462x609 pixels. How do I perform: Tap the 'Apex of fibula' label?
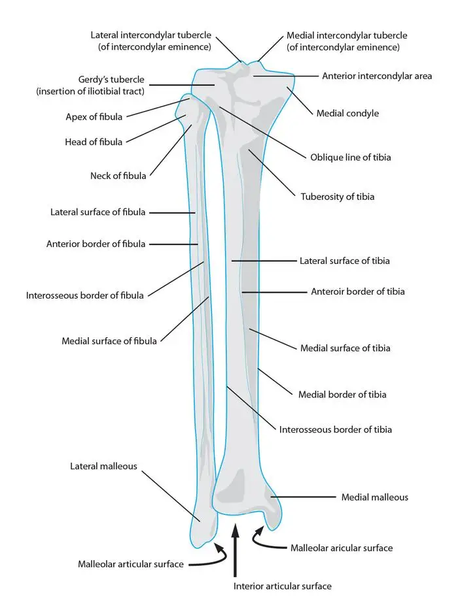point(94,117)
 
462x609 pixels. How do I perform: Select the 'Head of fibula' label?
point(94,141)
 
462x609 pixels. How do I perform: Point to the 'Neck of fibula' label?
point(118,175)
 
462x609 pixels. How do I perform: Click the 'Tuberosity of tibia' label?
point(337,196)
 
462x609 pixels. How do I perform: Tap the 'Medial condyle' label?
point(347,113)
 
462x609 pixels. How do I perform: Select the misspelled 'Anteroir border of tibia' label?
point(357,291)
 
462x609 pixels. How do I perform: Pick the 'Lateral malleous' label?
point(103,466)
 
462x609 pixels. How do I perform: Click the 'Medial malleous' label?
point(374,497)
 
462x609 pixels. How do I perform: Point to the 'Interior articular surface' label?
point(282,586)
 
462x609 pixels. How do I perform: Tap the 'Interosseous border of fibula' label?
point(84,295)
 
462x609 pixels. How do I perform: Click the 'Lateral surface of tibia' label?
point(344,261)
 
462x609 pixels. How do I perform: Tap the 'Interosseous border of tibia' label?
point(336,429)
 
